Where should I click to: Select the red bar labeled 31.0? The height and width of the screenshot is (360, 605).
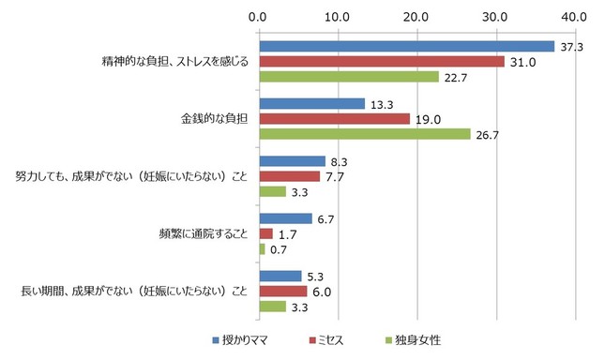pyautogui.click(x=381, y=62)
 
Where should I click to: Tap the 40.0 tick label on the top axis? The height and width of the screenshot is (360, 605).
pyautogui.click(x=573, y=16)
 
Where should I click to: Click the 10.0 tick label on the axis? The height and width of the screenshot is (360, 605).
pyautogui.click(x=337, y=16)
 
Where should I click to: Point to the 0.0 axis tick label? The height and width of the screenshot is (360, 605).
pyautogui.click(x=258, y=16)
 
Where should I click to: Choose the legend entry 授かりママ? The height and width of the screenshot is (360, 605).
pyautogui.click(x=244, y=339)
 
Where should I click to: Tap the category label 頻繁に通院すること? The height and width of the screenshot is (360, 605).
pyautogui.click(x=204, y=233)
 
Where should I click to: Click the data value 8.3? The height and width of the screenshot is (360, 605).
pyautogui.click(x=340, y=161)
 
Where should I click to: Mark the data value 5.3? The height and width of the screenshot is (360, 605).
pyautogui.click(x=316, y=276)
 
